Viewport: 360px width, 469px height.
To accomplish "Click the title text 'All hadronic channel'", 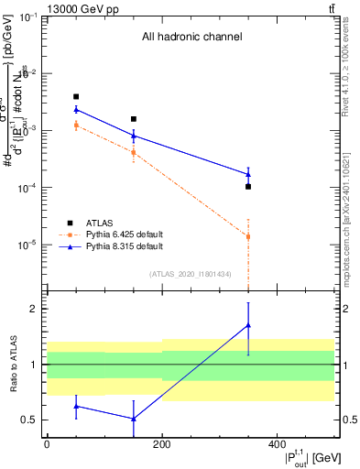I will [x=191, y=38].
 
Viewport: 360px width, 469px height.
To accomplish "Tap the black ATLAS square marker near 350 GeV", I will [x=248, y=187].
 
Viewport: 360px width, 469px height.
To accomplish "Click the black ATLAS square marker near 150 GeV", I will [x=134, y=119].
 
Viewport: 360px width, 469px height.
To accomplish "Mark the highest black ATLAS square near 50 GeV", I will [x=76, y=96].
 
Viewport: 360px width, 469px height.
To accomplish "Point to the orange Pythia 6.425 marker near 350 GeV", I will [x=248, y=236].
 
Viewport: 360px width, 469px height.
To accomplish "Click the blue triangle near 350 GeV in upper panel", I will [x=248, y=174].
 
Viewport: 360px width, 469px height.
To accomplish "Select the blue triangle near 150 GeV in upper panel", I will [x=134, y=136].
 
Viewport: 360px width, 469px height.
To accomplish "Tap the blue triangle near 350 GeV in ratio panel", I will [x=248, y=325].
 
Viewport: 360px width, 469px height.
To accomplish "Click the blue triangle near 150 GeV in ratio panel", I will [x=134, y=420].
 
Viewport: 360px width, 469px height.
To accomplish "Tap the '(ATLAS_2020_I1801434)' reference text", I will [x=191, y=274].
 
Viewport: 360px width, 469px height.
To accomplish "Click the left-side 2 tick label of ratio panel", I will [x=35, y=309].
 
